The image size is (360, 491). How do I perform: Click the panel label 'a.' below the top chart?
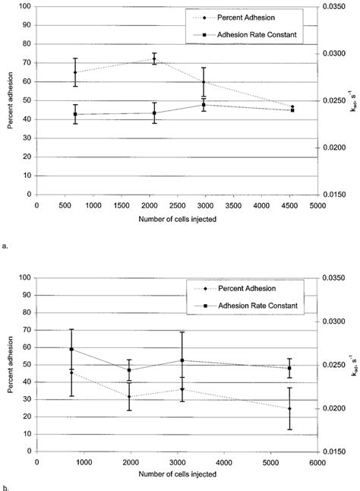(x=6, y=245)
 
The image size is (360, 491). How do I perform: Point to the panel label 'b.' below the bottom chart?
(x=6, y=487)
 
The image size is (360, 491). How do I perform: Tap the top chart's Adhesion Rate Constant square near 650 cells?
(x=75, y=114)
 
